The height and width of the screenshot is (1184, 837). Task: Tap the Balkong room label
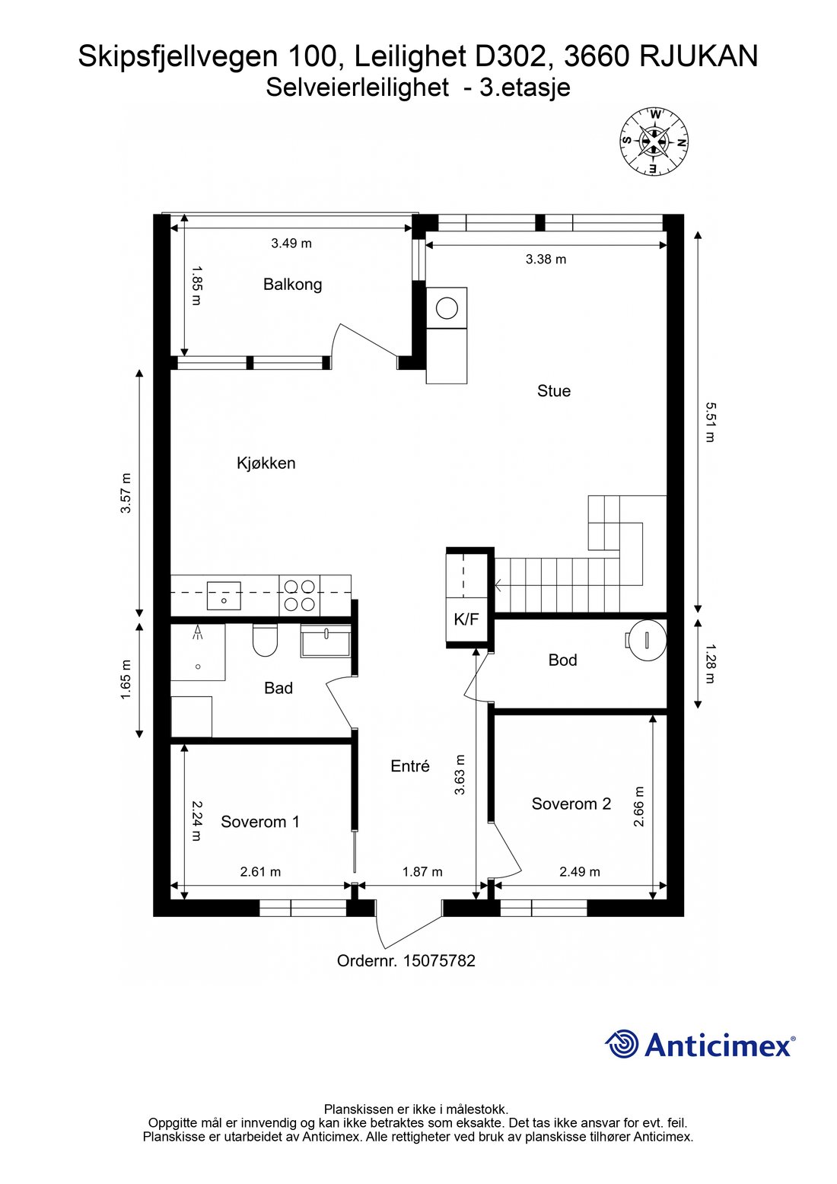pos(292,285)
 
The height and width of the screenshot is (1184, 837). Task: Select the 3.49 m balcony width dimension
pos(291,243)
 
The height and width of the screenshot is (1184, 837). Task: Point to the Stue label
pos(553,391)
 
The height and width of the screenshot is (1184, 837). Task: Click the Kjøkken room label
pos(266,463)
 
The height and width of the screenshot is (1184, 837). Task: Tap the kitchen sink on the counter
pos(224,595)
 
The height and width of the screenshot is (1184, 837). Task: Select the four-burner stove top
pos(299,595)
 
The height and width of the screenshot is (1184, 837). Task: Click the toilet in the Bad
pos(265,641)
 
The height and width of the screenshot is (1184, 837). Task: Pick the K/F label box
pos(466,619)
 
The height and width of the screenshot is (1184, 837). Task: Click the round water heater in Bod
pos(646,640)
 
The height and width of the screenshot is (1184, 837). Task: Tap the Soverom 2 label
pos(571,804)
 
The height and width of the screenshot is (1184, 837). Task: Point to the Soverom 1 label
pos(259,822)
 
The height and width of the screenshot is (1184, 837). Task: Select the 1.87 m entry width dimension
pos(422,872)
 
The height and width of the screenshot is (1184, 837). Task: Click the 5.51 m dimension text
pos(709,422)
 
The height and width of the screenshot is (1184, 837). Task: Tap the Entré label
pos(410,766)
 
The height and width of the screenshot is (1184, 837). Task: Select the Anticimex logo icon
pos(622,1044)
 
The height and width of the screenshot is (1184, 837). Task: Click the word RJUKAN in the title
pos(699,56)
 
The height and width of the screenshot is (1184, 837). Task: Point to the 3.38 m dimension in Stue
pos(546,259)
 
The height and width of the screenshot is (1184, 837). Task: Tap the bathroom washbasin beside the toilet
pos(325,641)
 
